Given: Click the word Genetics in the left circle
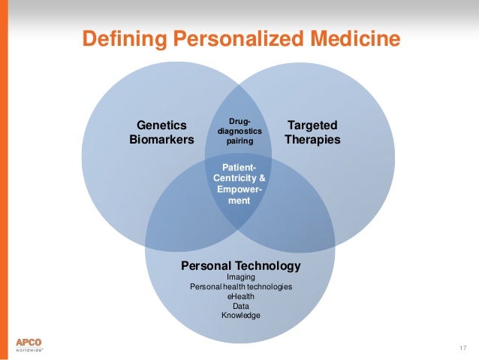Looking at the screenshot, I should (x=161, y=126).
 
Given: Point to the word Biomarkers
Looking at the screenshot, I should (x=161, y=140).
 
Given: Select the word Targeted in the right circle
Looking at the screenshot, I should (x=312, y=126).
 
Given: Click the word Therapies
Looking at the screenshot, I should (x=312, y=140).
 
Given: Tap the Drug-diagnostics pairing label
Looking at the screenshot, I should (x=239, y=129).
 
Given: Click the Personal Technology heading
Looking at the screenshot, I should (x=240, y=266).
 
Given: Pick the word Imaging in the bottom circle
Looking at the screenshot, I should (x=240, y=277).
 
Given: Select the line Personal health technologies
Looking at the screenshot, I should (x=240, y=287).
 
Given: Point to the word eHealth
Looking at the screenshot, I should (x=240, y=297).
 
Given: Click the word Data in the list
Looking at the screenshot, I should (x=240, y=306).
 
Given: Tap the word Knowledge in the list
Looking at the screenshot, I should (x=240, y=316).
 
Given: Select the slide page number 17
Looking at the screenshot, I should (x=462, y=346).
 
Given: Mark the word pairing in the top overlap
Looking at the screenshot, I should (x=239, y=140).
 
